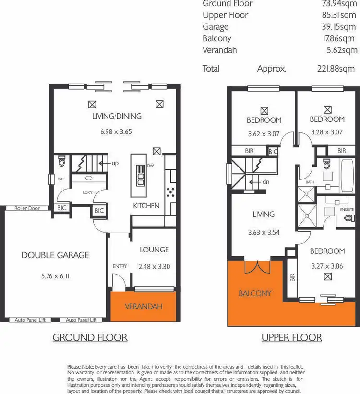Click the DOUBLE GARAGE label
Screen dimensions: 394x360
[55, 255]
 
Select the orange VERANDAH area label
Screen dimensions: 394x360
[144, 306]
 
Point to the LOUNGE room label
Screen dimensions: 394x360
[154, 250]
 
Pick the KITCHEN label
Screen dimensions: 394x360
[146, 206]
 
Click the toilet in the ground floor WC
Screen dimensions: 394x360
[61, 162]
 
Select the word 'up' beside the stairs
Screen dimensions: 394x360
[115, 163]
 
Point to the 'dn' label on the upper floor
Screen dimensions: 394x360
[266, 182]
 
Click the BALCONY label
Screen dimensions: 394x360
[255, 293]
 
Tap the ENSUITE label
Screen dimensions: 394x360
[347, 210]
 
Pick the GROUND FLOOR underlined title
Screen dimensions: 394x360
[90, 338]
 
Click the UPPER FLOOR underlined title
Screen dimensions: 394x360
[291, 338]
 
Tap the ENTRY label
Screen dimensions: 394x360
[119, 266]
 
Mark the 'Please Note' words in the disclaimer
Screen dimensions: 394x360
[81, 367]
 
